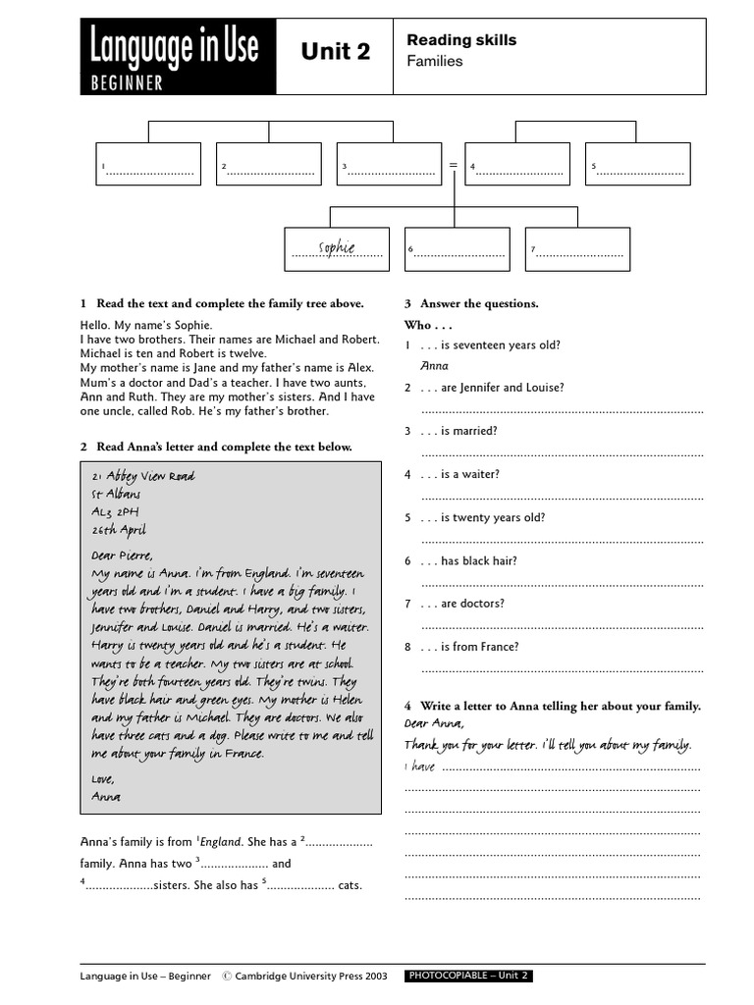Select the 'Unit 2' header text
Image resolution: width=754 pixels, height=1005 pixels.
[x=336, y=52]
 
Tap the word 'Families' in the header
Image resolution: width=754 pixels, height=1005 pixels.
[x=434, y=61]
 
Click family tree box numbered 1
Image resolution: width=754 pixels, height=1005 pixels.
[x=148, y=164]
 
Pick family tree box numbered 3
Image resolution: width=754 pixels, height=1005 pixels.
[x=389, y=164]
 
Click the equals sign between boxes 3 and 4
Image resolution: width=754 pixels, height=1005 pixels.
[x=454, y=165]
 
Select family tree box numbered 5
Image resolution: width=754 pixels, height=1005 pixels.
[x=638, y=164]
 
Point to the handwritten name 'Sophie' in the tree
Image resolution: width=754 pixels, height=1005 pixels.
[x=337, y=247]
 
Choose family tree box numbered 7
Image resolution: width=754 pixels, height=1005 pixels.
[x=577, y=249]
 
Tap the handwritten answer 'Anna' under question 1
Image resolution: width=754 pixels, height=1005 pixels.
[x=434, y=366]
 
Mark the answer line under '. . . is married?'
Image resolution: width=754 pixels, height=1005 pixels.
[x=562, y=454]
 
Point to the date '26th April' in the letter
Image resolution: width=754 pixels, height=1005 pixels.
[x=119, y=529]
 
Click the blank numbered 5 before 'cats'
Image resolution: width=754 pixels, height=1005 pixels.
[x=298, y=885]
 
